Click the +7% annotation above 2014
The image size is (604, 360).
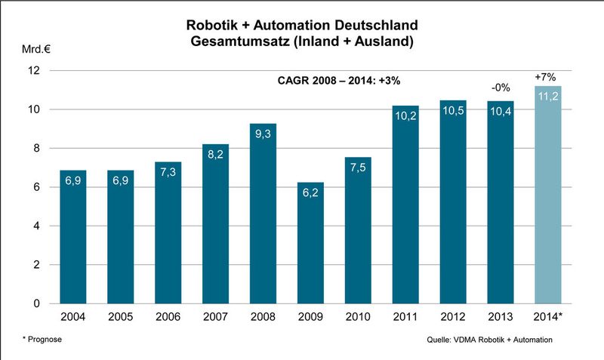pos(547,77)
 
